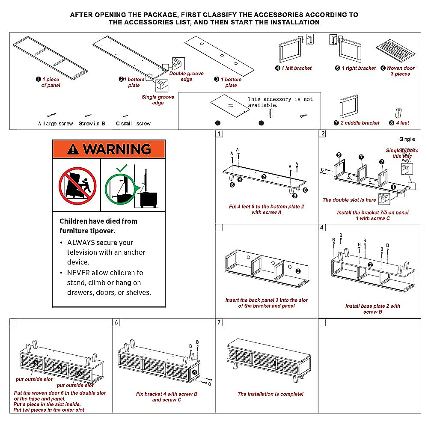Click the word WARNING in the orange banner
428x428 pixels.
(116, 149)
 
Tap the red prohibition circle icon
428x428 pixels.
(77, 185)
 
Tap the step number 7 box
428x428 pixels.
(219, 322)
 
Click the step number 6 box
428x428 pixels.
(116, 322)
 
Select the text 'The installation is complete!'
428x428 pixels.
(270, 394)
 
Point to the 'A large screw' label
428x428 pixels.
(56, 124)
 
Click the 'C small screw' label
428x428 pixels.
(134, 124)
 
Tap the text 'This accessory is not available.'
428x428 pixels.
(280, 102)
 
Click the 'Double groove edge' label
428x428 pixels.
(186, 76)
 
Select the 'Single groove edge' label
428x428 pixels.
(158, 100)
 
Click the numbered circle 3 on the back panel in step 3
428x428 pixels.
(298, 270)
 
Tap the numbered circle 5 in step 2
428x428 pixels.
(339, 155)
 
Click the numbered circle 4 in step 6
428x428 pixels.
(194, 372)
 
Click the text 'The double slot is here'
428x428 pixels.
(349, 200)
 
